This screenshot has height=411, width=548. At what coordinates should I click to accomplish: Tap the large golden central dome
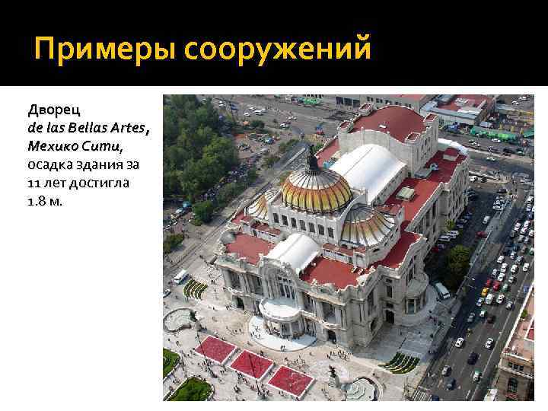click(316, 189)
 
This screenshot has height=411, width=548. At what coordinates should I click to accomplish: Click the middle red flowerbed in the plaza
click(250, 363)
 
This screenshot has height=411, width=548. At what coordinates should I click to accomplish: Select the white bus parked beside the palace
click(442, 291)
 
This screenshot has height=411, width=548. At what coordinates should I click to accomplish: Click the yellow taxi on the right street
click(485, 292)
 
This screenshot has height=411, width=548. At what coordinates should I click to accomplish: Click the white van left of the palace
click(180, 276)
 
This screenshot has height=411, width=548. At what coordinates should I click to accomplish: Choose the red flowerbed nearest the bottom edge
click(289, 380)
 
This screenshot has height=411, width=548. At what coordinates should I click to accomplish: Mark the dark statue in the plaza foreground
click(333, 374)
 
